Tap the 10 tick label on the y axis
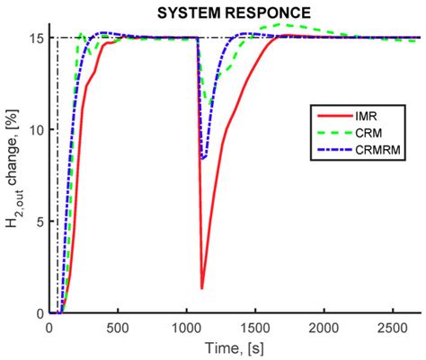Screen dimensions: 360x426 pos(36,129)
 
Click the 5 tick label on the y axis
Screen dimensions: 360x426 pos(40,221)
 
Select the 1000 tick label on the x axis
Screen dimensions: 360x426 pos(186,326)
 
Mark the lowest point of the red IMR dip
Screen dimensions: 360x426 pos(202,288)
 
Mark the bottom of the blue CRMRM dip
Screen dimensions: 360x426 pos(204,158)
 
